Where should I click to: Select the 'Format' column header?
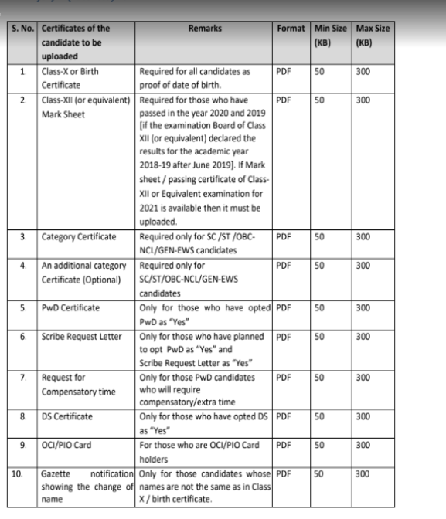(x=291, y=29)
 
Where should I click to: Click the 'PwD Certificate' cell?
(x=70, y=307)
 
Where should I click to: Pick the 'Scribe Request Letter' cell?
(x=79, y=337)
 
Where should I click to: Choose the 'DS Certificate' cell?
(x=67, y=416)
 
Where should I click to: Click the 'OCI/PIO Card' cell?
(x=68, y=446)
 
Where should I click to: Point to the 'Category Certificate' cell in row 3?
(x=79, y=236)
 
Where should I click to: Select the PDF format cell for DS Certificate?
(x=283, y=416)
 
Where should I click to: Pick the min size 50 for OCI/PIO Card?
(x=319, y=446)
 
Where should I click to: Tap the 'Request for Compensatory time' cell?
(x=78, y=385)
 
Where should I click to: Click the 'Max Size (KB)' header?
(x=373, y=36)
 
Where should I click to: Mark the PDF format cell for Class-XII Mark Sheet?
(x=283, y=100)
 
